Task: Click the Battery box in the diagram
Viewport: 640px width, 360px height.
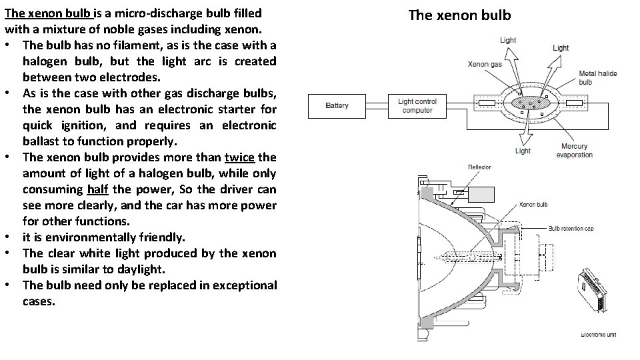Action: point(337,105)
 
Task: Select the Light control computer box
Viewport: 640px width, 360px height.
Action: point(417,105)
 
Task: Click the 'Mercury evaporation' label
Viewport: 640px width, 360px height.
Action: point(574,151)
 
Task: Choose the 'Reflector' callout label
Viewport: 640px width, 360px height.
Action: point(479,167)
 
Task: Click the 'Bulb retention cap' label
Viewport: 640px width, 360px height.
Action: point(571,229)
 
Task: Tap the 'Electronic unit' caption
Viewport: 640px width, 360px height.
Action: point(599,334)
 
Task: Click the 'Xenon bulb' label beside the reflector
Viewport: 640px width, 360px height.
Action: point(533,205)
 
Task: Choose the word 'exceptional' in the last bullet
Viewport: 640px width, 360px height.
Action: point(242,285)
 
